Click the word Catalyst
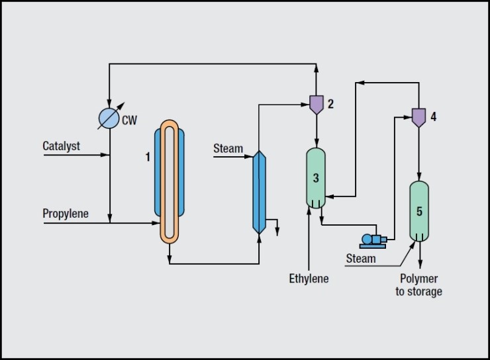(61, 146)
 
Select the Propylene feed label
(65, 214)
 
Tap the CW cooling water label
(130, 120)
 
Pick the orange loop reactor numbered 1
(170, 181)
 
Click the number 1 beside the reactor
(149, 157)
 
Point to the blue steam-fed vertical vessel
(259, 192)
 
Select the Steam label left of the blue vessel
(228, 149)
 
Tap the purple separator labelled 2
(317, 104)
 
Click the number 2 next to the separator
(330, 103)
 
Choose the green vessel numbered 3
(316, 177)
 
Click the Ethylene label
(309, 279)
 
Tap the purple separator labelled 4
(418, 117)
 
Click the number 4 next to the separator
(433, 117)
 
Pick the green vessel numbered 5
(419, 211)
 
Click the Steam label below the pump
(361, 259)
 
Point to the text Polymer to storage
(418, 285)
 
